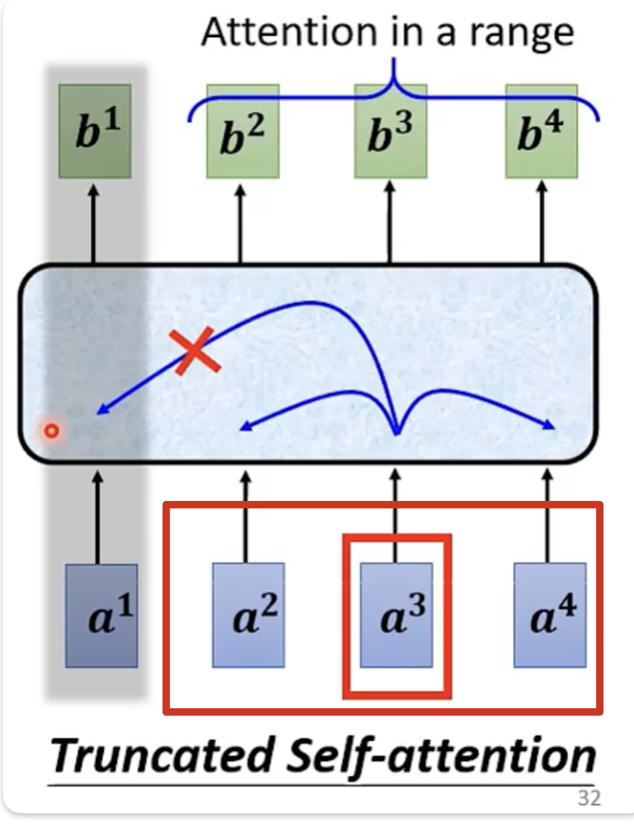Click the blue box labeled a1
[101, 614]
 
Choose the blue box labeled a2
[247, 614]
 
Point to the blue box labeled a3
[396, 614]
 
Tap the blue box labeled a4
[549, 614]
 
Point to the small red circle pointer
[52, 430]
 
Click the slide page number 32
[588, 798]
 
